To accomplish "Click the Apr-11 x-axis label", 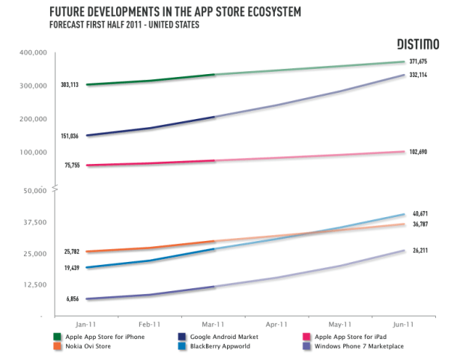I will pos(277,324).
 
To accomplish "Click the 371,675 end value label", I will pos(420,61).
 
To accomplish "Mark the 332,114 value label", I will pos(420,76).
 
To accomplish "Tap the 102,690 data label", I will pos(420,152).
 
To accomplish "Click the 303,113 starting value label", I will pos(70,85).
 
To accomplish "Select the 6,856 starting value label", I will pos(73,299).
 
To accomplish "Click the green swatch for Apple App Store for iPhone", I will pos(58,337).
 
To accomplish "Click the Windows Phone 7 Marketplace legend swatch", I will pos(305,347).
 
